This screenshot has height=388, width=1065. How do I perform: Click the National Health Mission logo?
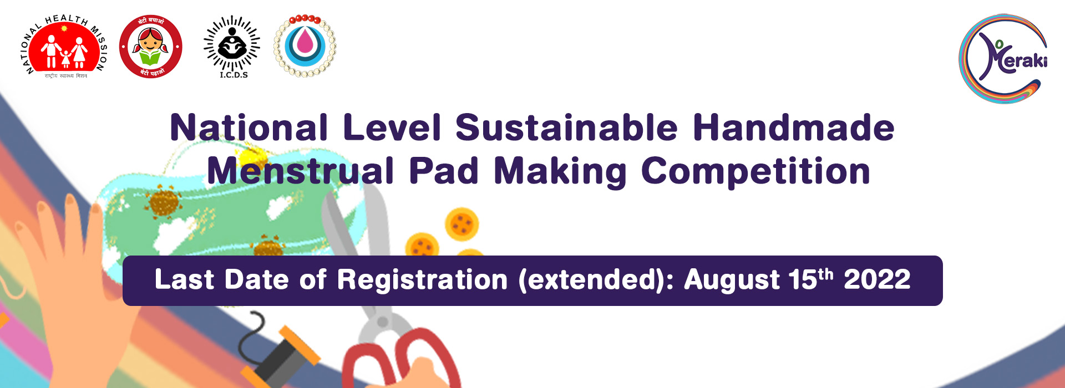pyautogui.click(x=65, y=47)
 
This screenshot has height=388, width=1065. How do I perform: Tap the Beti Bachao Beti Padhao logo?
pyautogui.click(x=151, y=47)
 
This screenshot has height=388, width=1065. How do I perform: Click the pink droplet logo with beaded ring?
pyautogui.click(x=305, y=46)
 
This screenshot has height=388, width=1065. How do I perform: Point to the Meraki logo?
pyautogui.click(x=1003, y=58)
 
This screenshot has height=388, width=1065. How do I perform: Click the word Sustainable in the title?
pyautogui.click(x=566, y=128)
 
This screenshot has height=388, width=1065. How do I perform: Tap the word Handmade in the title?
pyautogui.click(x=793, y=128)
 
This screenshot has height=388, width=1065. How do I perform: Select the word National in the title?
pyautogui.click(x=249, y=128)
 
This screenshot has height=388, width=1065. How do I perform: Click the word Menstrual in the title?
pyautogui.click(x=300, y=171)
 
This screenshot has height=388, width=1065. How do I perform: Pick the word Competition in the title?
pyautogui.click(x=755, y=171)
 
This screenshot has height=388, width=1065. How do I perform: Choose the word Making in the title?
pyautogui.click(x=560, y=172)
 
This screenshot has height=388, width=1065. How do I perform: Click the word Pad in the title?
pyautogui.click(x=443, y=171)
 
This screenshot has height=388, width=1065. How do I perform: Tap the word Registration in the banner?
pyautogui.click(x=422, y=280)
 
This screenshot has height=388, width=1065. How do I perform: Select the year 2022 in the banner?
pyautogui.click(x=877, y=280)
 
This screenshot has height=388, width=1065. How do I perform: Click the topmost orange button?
pyautogui.click(x=461, y=223)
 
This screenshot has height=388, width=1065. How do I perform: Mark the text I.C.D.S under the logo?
pyautogui.click(x=234, y=75)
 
